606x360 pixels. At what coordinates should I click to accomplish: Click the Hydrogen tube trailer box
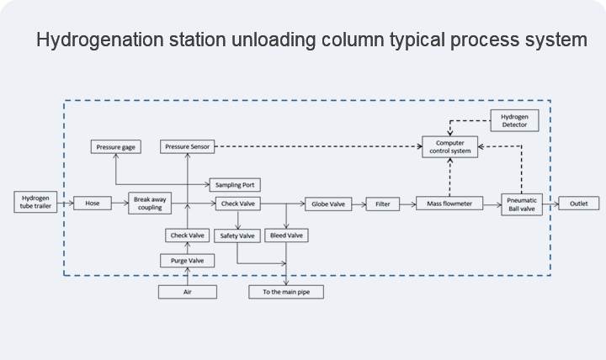tap(35, 202)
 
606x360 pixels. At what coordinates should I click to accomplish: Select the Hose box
tap(93, 204)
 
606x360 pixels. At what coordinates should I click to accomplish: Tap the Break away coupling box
tap(150, 204)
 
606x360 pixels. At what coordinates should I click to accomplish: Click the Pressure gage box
tap(116, 147)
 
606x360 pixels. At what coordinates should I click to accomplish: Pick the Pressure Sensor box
tap(188, 146)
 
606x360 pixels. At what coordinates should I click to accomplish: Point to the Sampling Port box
tap(235, 185)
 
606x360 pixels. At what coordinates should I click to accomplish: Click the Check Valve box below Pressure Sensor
tap(188, 236)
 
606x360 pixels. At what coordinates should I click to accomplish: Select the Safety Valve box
tap(237, 236)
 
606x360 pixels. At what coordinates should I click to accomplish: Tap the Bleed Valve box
tap(286, 236)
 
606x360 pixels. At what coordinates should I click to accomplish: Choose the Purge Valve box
tap(188, 261)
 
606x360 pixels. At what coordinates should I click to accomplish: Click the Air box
tap(188, 292)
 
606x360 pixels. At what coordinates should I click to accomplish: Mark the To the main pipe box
tap(286, 292)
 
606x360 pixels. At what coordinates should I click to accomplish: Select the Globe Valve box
tap(328, 204)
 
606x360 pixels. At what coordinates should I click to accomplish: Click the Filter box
tap(383, 204)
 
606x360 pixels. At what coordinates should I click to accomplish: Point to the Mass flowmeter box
tap(449, 204)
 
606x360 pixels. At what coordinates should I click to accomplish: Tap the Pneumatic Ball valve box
tap(522, 204)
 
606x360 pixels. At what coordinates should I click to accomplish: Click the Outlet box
tap(579, 204)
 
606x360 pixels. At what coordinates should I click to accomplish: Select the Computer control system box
tap(449, 147)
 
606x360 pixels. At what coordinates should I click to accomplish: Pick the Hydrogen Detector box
tap(515, 120)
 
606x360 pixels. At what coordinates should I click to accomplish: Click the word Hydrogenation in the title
tap(100, 40)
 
